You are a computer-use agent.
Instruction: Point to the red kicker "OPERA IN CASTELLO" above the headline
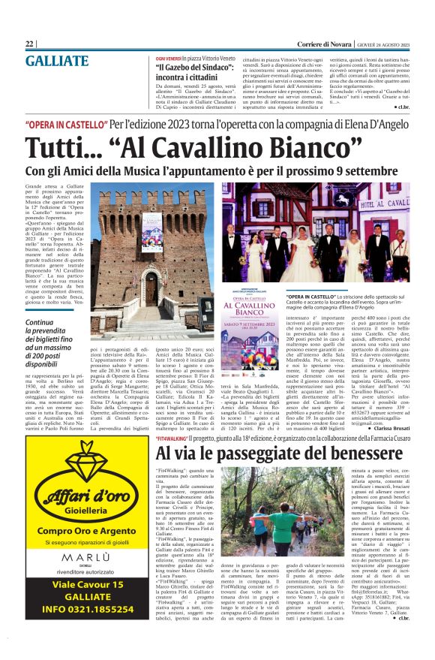coord(65,123)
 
